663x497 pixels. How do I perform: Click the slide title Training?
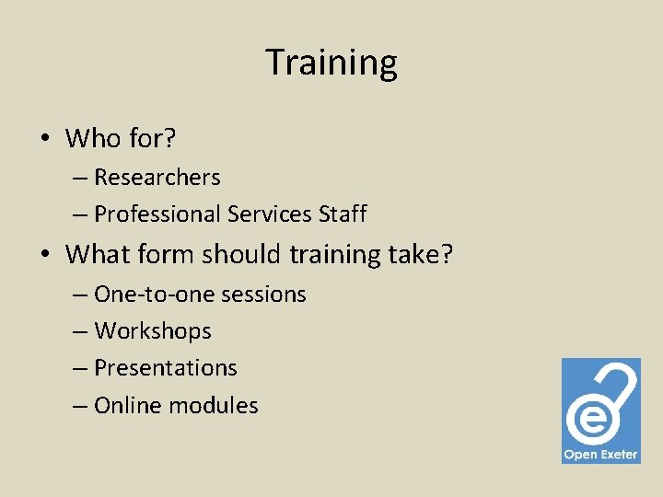(331, 63)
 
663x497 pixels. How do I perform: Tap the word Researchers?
(157, 177)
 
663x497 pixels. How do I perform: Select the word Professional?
(157, 214)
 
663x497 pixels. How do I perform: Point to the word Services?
(270, 214)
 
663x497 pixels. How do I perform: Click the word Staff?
(343, 214)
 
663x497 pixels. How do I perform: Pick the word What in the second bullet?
(99, 253)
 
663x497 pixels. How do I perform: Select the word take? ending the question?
(422, 253)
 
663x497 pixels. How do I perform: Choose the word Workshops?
(153, 331)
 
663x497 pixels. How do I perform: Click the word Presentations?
(166, 368)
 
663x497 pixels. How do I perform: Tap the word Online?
(126, 405)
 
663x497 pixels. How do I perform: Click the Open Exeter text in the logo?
(600, 455)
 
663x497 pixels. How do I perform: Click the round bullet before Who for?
(44, 140)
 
